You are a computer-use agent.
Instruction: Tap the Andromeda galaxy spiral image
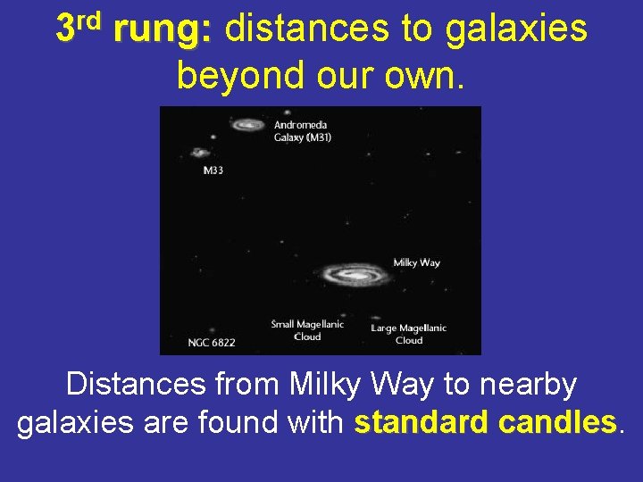click(x=248, y=125)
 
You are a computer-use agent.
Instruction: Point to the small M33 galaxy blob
click(x=200, y=153)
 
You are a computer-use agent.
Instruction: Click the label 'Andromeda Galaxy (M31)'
click(x=302, y=131)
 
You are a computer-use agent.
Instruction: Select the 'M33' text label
click(x=213, y=170)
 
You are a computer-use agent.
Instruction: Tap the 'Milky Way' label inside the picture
click(x=416, y=263)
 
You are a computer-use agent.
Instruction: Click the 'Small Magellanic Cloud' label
click(x=307, y=330)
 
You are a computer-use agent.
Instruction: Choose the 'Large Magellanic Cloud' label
click(x=409, y=334)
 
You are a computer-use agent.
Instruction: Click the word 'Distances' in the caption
click(x=136, y=385)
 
